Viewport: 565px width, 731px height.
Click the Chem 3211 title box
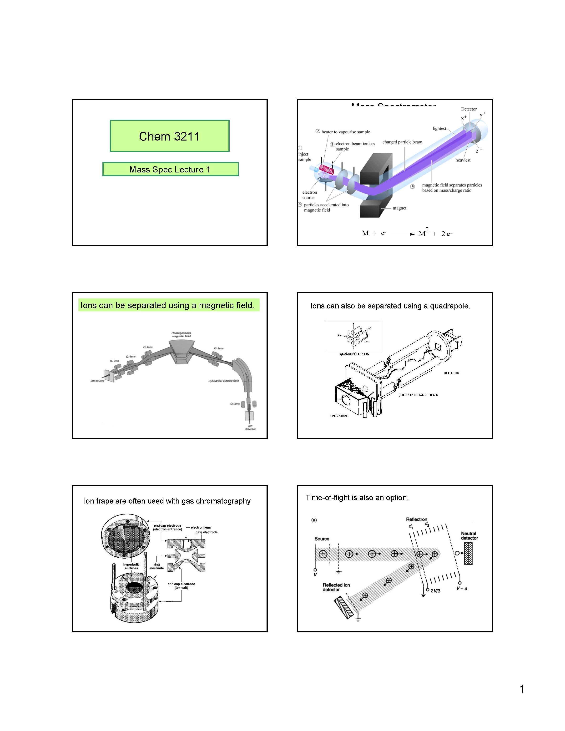169,136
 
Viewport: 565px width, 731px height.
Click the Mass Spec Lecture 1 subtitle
170,169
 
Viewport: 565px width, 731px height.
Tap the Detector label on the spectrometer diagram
469,109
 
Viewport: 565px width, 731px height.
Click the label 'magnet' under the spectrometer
399,208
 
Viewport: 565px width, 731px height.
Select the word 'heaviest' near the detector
463,160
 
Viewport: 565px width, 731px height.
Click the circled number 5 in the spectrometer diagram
413,187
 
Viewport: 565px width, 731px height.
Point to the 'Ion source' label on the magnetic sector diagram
97,381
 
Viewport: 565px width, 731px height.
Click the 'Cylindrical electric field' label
224,381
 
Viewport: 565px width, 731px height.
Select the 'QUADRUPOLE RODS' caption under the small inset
354,354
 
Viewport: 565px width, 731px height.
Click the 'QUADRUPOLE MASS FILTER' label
418,395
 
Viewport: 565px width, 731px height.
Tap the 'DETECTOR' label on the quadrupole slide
451,373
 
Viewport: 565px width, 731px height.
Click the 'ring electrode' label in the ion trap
157,566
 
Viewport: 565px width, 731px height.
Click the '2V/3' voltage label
435,591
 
